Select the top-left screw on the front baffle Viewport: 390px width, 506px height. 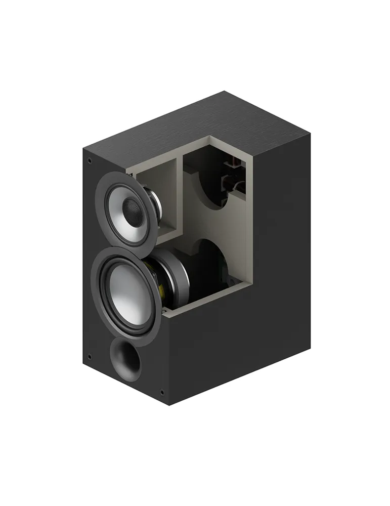[x=90, y=162]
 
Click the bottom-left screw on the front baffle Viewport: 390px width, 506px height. [x=90, y=357]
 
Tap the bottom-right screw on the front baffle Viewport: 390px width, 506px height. [x=162, y=392]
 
